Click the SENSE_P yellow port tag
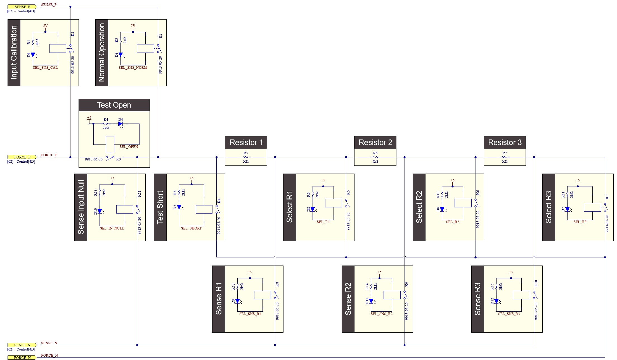22,7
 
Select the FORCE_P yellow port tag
22,157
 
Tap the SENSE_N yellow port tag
22,345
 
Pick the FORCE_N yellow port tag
22,357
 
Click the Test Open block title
114,105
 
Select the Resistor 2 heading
375,143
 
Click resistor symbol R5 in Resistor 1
246,157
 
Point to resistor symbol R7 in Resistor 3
505,157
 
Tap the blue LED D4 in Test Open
120,124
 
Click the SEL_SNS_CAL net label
45,68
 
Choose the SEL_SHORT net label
191,228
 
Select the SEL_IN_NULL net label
112,228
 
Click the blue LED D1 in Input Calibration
33,55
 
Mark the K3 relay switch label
119,159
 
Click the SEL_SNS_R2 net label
381,314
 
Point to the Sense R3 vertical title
477,299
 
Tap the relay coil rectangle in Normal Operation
145,49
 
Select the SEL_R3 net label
580,222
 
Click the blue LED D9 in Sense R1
237,301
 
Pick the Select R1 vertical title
289,207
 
